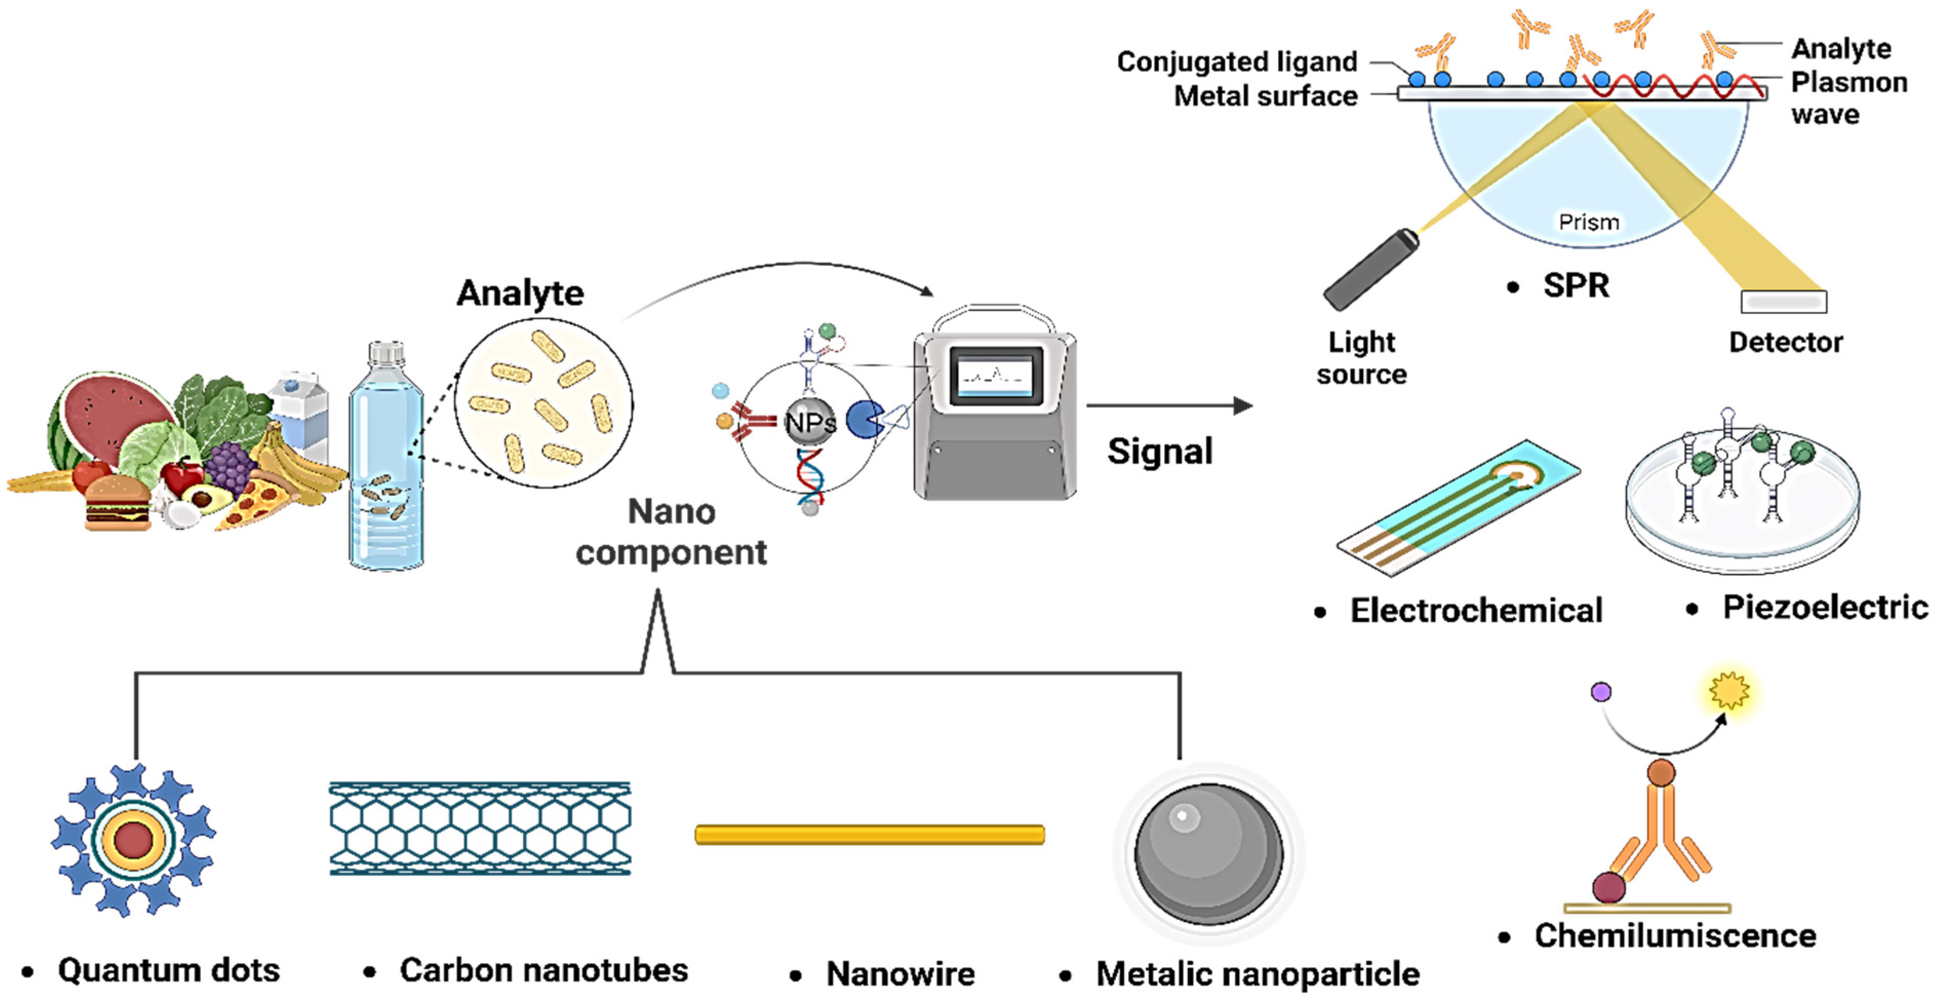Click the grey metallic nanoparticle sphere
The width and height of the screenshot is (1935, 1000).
[1208, 853]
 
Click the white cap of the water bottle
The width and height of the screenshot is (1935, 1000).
[386, 353]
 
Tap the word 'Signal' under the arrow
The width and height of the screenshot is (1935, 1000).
[1159, 452]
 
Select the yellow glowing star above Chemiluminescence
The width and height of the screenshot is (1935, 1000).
[1728, 690]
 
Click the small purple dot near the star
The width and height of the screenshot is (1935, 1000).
[1601, 691]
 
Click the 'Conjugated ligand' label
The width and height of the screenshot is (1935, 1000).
[1236, 62]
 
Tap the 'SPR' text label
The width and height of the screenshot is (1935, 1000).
[1575, 286]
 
